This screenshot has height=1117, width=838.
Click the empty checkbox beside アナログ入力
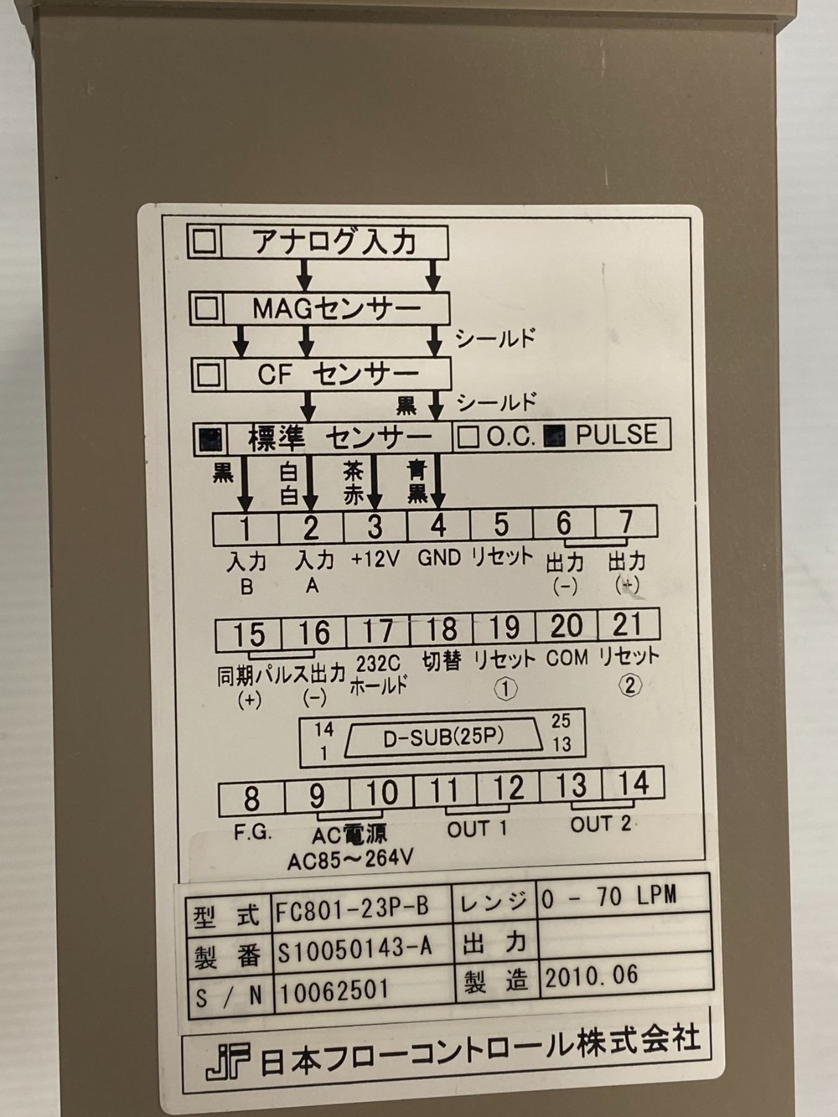204,241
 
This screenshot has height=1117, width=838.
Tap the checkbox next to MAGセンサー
207,307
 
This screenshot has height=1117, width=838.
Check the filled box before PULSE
554,436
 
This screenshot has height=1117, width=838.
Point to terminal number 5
500,524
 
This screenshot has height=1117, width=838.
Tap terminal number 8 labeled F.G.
251,797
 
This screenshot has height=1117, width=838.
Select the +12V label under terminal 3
374,559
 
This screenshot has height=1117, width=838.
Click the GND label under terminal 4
439,558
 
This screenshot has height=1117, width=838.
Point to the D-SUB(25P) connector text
443,737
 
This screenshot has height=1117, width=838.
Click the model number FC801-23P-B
353,908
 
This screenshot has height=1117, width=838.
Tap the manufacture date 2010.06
592,975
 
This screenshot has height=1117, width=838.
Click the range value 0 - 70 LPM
609,895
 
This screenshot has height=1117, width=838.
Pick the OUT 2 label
601,824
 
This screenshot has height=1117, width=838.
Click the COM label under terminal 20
567,658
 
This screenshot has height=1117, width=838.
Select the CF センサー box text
338,374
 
